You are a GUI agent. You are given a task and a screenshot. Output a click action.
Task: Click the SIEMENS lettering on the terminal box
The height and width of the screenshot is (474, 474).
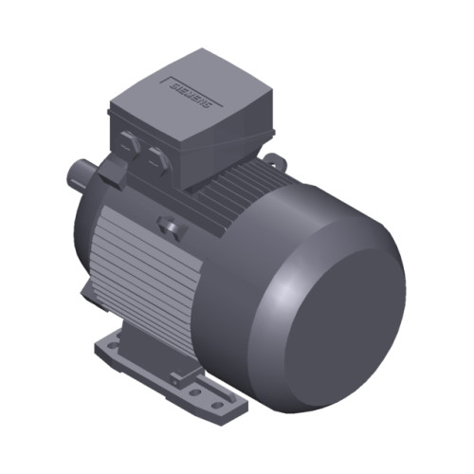(x=193, y=92)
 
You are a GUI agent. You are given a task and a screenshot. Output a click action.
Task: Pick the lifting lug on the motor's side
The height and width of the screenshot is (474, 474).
(x=171, y=228)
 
